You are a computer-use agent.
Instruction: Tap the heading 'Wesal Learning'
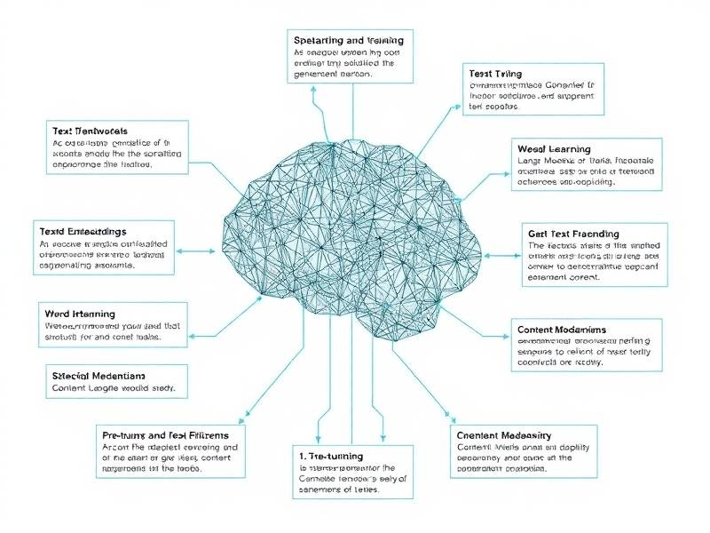pos(553,148)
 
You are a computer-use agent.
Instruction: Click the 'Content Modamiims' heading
pos(561,330)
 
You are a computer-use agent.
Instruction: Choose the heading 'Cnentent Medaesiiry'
pos(503,435)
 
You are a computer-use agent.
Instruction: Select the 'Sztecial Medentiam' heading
pos(99,374)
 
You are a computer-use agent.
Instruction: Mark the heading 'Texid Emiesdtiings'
pos(89,230)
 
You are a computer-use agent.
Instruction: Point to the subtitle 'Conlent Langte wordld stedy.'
pos(114,389)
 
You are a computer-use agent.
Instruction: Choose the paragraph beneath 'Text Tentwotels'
pos(115,154)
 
